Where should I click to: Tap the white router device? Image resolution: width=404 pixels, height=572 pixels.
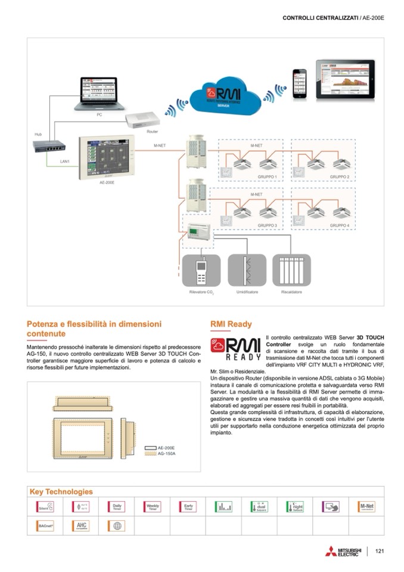(142, 121)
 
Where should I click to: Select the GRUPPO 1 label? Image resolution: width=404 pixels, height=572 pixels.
(267, 178)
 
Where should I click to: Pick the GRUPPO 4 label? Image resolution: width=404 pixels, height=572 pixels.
(340, 226)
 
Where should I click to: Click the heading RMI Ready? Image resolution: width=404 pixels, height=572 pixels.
(231, 324)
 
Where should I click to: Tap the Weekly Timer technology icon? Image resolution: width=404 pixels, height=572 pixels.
(152, 507)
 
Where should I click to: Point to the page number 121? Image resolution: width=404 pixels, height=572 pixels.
(380, 551)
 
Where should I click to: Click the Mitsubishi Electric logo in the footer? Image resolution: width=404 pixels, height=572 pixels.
(343, 552)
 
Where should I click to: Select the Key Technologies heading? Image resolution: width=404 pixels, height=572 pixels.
(61, 492)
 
